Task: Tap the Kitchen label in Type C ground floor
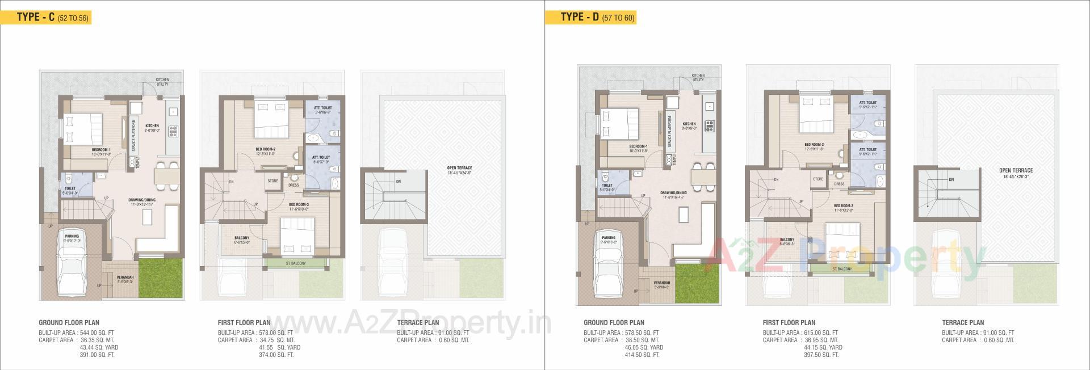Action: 152,126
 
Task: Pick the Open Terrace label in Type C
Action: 459,167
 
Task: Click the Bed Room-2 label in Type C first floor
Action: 265,149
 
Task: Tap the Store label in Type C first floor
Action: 272,181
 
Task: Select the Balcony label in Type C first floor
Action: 242,238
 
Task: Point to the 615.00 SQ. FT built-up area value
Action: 821,333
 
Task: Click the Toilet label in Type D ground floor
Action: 607,185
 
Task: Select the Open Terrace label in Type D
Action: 1016,170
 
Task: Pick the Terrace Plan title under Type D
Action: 963,322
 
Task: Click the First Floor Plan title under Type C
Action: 244,322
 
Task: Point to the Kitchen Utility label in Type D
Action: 698,78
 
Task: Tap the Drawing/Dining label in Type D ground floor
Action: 673,193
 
